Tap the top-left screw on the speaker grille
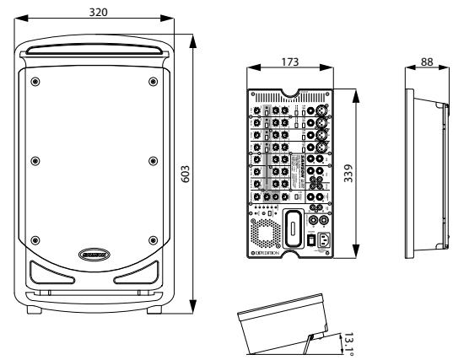(x=34, y=81)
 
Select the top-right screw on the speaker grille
(x=153, y=81)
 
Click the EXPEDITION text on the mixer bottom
(x=272, y=253)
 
